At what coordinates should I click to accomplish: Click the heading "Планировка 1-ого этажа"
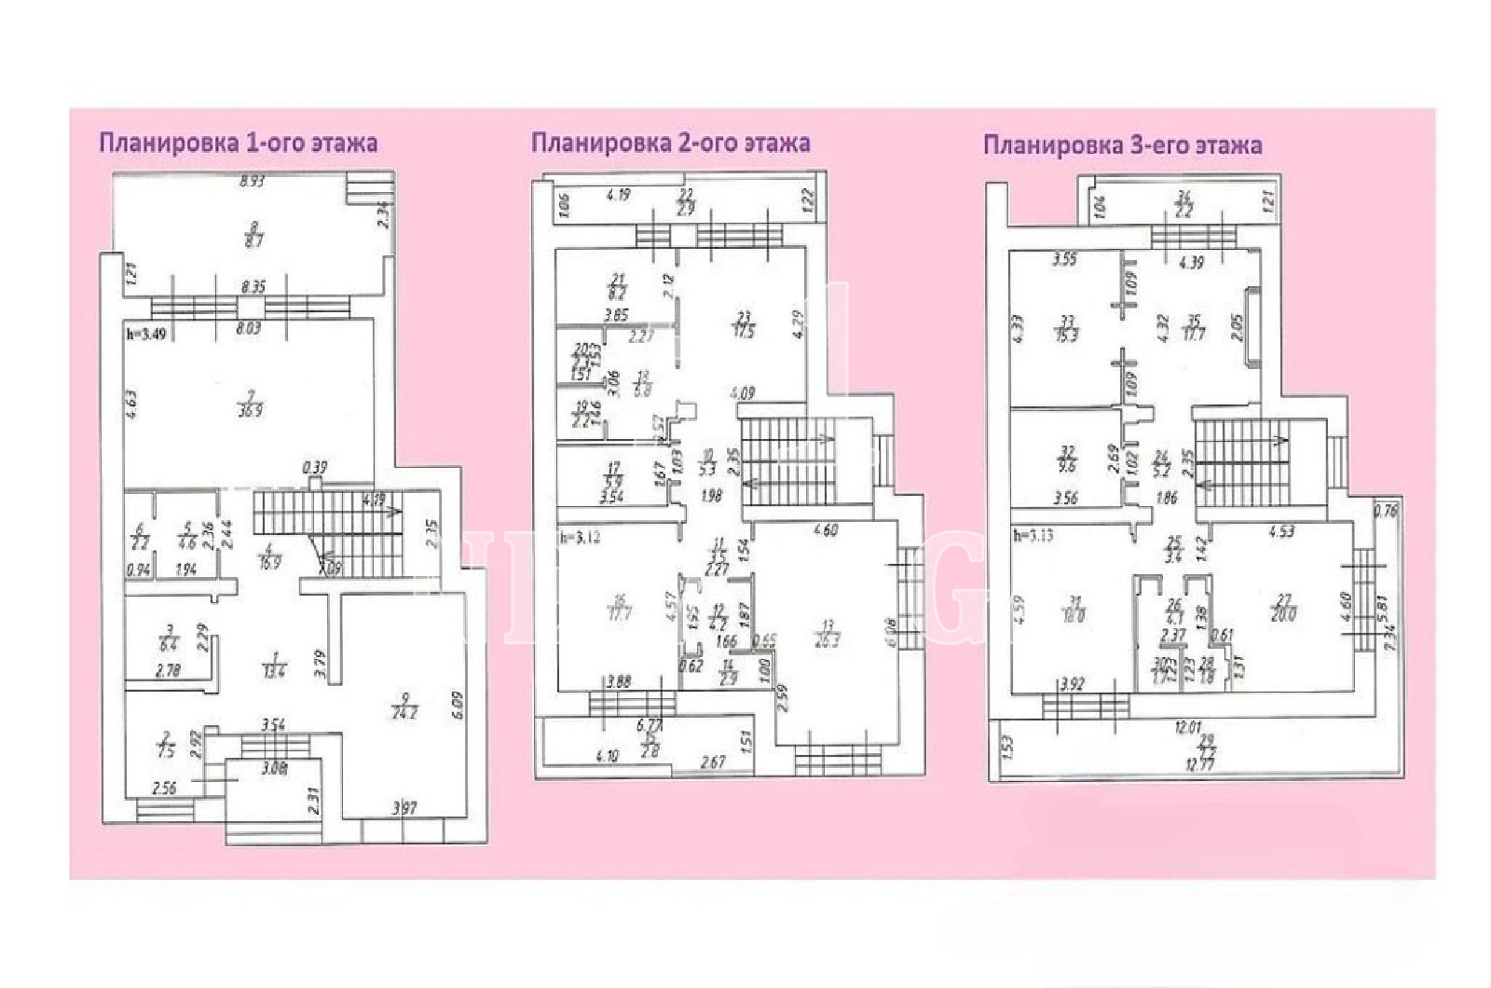click(238, 144)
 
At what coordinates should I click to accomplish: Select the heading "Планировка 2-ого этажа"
click(670, 143)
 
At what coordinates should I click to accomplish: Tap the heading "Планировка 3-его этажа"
click(1123, 145)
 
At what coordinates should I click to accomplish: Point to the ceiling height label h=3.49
click(147, 333)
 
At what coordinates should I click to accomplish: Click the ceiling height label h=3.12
click(580, 538)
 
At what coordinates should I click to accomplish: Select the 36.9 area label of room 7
click(250, 410)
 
